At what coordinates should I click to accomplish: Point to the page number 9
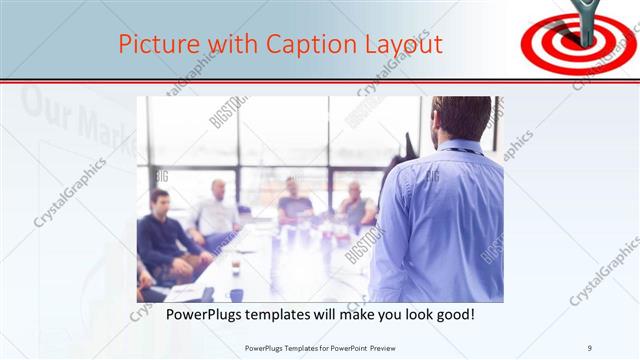(x=590, y=348)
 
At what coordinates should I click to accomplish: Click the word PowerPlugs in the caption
(x=201, y=315)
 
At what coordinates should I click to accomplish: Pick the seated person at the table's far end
(x=296, y=200)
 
